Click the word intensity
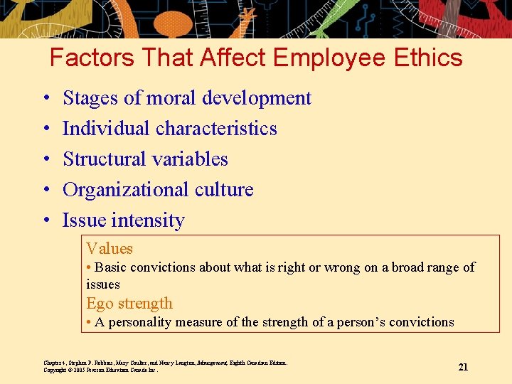click(x=143, y=220)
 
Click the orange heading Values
click(x=110, y=248)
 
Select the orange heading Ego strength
click(x=129, y=303)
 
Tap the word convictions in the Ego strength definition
click(x=417, y=322)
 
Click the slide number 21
click(x=463, y=367)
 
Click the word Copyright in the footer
click(x=55, y=370)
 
